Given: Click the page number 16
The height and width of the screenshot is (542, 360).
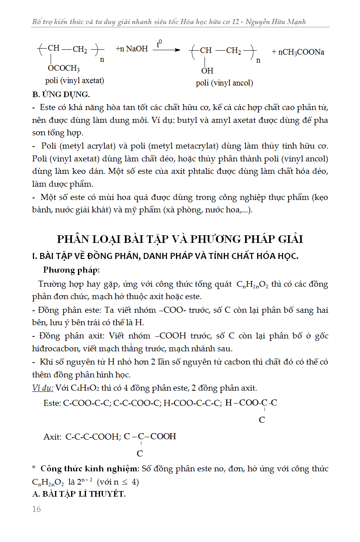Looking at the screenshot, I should [x=37, y=509].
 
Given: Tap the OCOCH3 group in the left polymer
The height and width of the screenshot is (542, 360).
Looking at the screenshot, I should [x=63, y=68].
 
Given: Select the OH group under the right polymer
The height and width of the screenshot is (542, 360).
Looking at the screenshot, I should [x=207, y=71].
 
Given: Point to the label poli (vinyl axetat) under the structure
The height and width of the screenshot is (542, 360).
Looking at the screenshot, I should [x=75, y=81].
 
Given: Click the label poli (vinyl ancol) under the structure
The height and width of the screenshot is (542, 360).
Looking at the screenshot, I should [x=224, y=83].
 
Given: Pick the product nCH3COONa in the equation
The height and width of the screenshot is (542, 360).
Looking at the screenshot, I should [x=298, y=52].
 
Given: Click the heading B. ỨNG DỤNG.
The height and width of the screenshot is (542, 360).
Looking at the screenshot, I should [x=61, y=95].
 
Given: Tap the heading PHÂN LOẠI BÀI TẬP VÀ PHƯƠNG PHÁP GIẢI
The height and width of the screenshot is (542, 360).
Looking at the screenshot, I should [x=180, y=239].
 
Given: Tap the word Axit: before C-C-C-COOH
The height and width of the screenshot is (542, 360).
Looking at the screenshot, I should [x=53, y=437].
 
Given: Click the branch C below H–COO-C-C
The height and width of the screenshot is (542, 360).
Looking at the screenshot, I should [x=262, y=420].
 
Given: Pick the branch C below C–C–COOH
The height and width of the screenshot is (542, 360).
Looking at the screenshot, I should [x=140, y=454].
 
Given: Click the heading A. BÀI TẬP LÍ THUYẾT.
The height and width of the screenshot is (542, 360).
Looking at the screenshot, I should [x=79, y=494].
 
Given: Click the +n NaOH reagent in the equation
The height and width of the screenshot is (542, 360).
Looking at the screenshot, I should [x=132, y=49].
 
